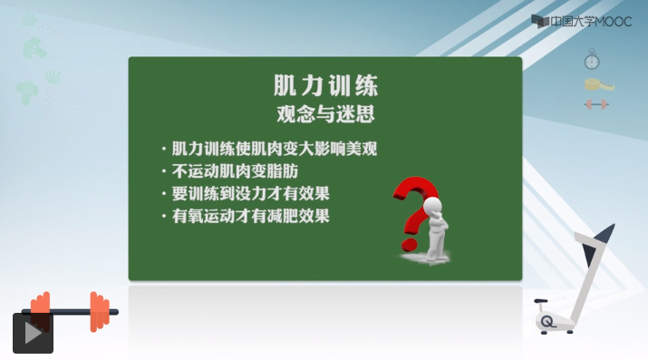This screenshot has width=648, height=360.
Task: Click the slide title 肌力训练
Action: pos(325,85)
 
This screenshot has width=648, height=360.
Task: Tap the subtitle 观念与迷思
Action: pos(325,113)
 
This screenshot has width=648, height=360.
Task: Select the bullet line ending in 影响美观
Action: pos(274,149)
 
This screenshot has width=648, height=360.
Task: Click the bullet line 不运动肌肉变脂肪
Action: pos(235,171)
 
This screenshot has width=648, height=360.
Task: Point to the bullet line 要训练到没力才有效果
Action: pos(250,193)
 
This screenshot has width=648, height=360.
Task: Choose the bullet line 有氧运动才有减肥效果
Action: pos(250,216)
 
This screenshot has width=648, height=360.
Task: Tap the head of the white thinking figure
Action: pos(433,205)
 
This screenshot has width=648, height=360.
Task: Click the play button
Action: pos(33,333)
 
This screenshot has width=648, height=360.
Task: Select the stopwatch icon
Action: pos(592,60)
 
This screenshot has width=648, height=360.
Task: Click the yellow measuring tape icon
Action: pos(598,84)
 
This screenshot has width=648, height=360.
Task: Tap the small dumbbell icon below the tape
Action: pos(596,104)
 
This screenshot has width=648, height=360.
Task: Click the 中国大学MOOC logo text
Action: pos(591,22)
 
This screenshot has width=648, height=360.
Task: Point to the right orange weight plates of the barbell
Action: pos(100,312)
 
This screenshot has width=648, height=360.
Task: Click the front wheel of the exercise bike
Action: pos(547,321)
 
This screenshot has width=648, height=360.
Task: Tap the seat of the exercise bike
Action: pos(540,301)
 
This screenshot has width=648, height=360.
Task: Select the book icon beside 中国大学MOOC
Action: pos(540,22)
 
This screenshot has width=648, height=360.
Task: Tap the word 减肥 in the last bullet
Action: pos(283,216)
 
